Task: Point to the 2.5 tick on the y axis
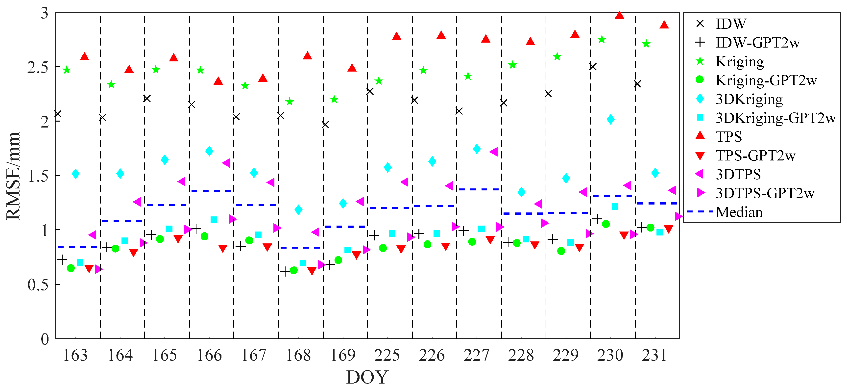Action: (37, 67)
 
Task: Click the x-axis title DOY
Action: (367, 377)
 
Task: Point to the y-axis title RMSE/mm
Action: (13, 176)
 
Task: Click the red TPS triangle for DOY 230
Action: (619, 15)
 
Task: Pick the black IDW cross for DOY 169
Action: (325, 124)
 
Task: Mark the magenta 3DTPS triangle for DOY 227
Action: (494, 152)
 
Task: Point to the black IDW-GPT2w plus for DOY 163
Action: (62, 260)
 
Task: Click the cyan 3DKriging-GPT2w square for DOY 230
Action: (615, 206)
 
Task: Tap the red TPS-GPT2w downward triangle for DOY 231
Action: (668, 229)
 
